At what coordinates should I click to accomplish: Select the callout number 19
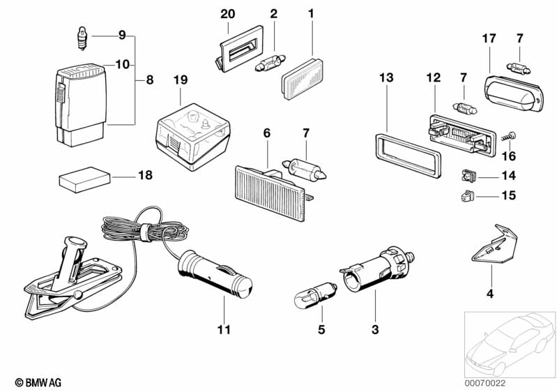pyautogui.click(x=180, y=81)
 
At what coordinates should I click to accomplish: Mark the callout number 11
pyautogui.click(x=224, y=329)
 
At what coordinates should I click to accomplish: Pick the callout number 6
pyautogui.click(x=266, y=133)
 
